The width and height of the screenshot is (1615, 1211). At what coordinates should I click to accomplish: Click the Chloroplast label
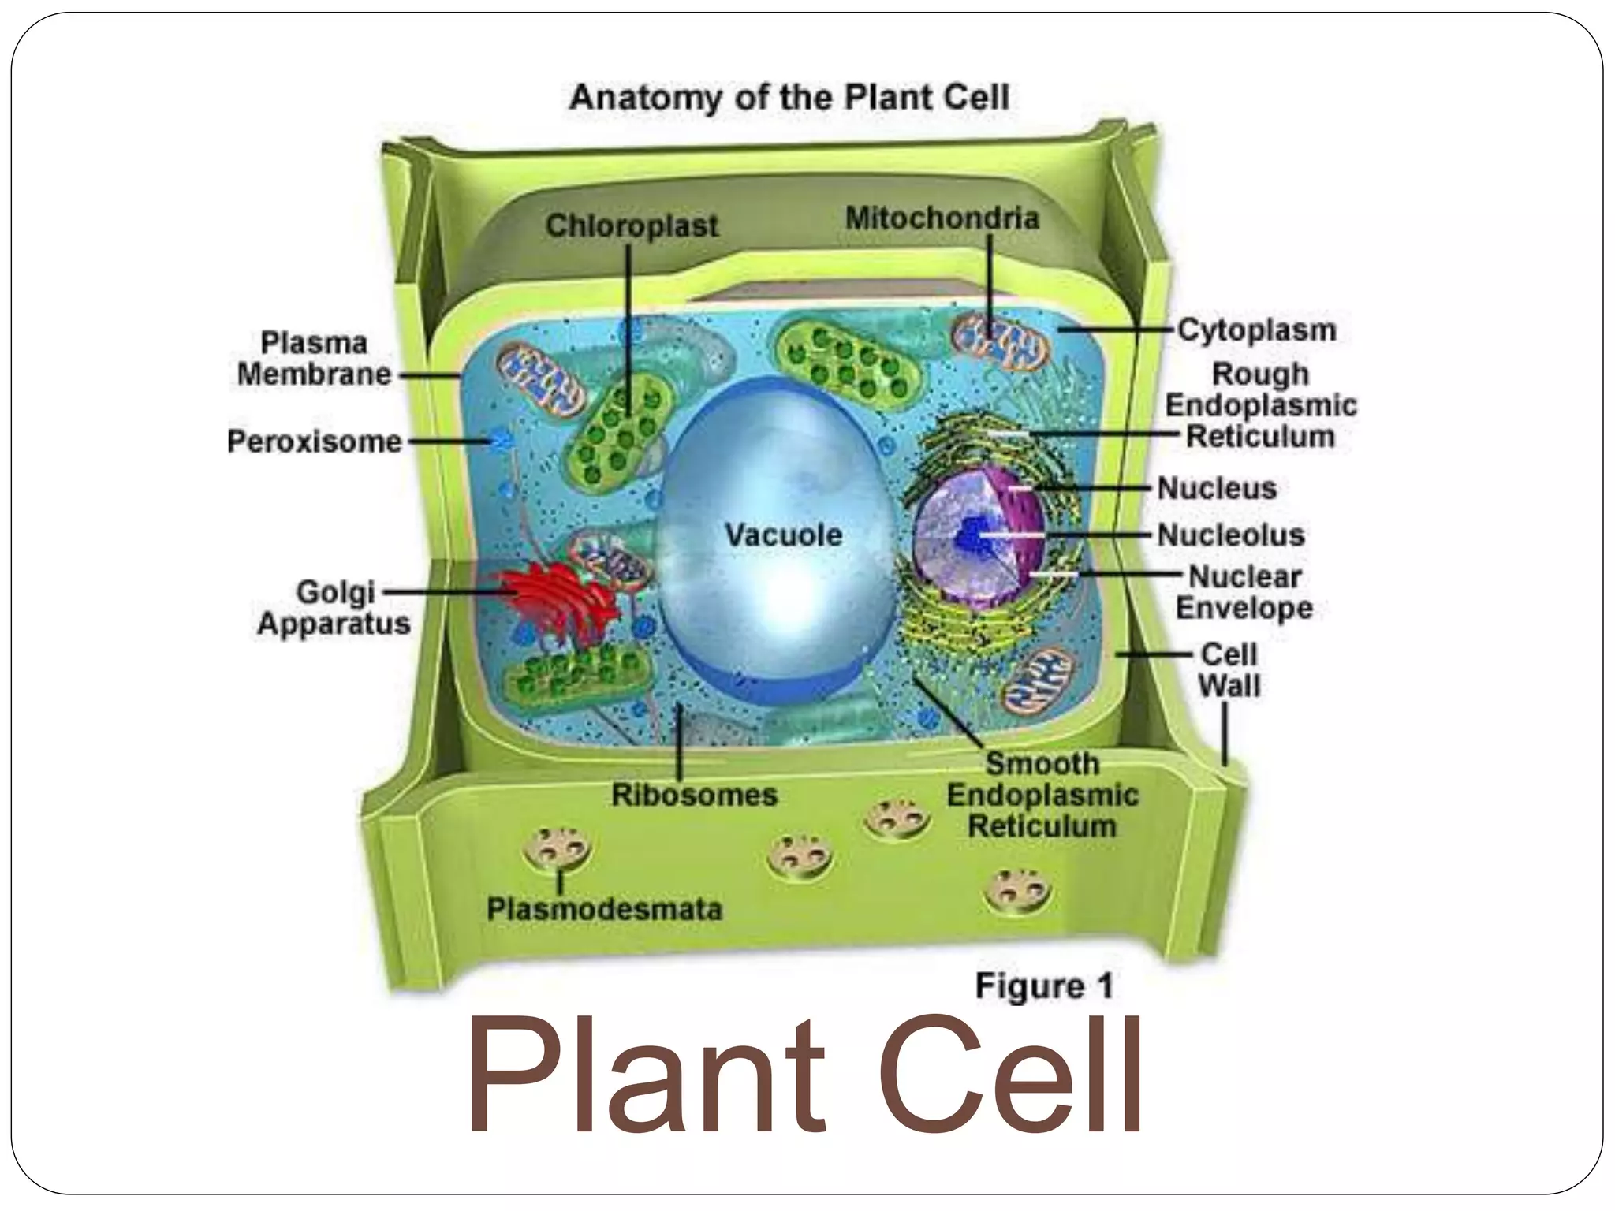click(x=632, y=226)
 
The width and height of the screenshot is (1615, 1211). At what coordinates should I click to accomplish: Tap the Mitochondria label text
click(x=942, y=218)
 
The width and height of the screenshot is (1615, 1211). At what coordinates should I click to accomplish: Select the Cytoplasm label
click(x=1257, y=330)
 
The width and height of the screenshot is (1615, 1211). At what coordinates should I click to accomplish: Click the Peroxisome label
click(x=314, y=442)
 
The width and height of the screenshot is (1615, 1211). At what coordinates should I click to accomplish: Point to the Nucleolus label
click(x=1231, y=535)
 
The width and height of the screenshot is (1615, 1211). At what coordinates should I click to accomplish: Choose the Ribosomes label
click(x=695, y=795)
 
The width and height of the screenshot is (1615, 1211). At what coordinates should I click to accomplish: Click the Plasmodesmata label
click(x=604, y=909)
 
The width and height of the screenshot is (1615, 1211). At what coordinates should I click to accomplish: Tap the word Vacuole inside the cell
click(x=784, y=535)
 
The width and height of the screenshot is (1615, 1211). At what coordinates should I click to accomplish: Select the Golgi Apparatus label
click(x=334, y=608)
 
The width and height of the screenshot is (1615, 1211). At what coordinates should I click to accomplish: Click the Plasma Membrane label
click(x=314, y=359)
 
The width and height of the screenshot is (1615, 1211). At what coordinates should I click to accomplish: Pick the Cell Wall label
click(x=1229, y=670)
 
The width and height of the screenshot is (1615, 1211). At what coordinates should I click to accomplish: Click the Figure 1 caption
click(x=1044, y=986)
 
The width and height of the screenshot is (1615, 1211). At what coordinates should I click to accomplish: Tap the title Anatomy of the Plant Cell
click(x=789, y=98)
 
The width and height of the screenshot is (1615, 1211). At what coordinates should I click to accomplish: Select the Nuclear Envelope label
click(x=1244, y=592)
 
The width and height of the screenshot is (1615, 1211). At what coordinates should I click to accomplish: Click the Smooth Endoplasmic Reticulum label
click(x=1042, y=795)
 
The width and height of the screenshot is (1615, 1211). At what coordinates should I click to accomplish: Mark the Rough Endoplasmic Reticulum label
click(x=1260, y=405)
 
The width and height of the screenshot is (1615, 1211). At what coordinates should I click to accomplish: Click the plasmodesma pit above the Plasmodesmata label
click(x=558, y=850)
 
